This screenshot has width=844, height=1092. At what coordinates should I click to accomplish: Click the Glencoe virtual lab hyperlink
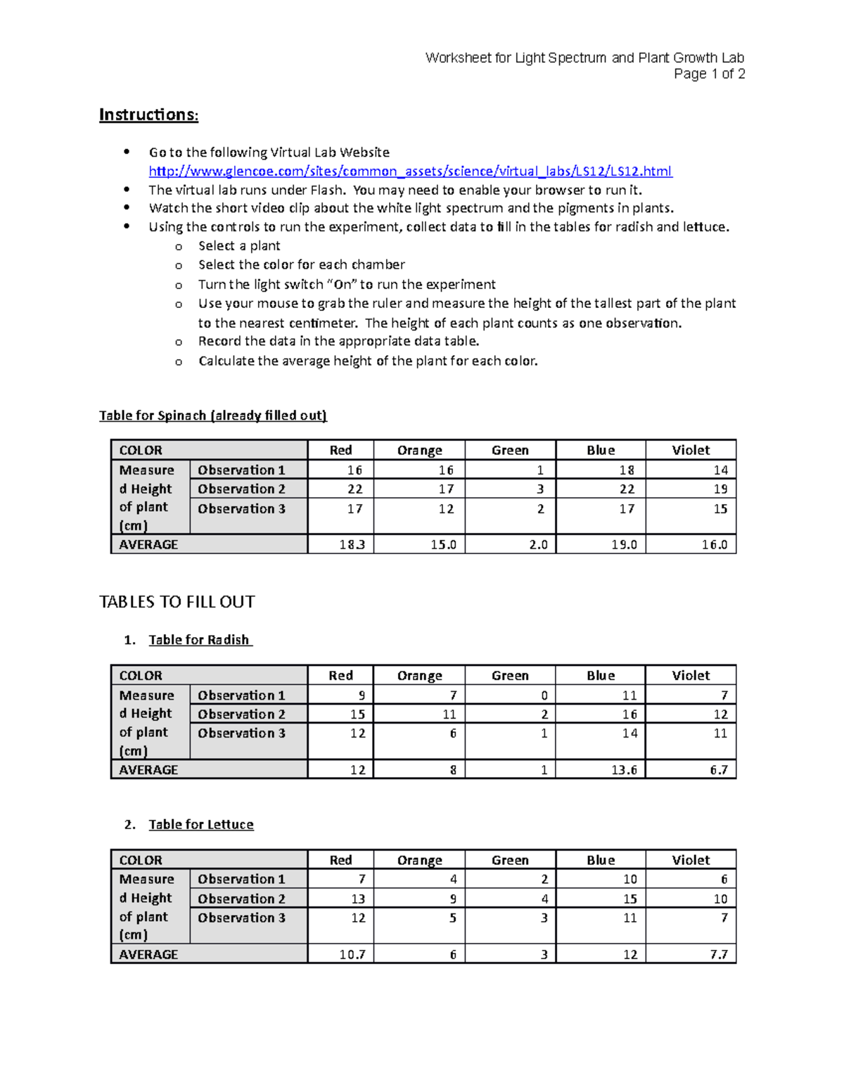click(410, 171)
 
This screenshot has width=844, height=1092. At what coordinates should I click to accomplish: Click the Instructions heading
click(148, 115)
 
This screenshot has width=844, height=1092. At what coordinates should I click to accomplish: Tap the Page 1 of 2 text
click(709, 74)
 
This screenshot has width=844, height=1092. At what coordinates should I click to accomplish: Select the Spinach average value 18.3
click(352, 544)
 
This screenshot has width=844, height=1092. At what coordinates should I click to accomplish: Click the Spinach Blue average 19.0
click(624, 544)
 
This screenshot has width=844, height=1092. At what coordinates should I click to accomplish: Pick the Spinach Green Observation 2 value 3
click(540, 489)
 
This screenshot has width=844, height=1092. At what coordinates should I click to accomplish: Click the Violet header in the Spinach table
click(691, 450)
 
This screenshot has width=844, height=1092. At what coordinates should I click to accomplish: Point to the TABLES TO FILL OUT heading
click(177, 602)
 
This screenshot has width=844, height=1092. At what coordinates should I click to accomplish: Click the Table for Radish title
click(199, 640)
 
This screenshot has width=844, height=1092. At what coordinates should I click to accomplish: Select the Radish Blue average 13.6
click(624, 770)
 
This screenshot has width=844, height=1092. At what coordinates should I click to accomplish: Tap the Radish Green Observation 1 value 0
click(544, 695)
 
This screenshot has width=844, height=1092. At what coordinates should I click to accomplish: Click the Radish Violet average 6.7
click(718, 770)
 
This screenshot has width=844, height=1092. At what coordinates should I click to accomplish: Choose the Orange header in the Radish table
click(419, 676)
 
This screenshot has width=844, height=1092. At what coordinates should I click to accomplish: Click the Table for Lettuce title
click(201, 824)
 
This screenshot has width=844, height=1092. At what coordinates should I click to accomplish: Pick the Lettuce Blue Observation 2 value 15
click(629, 899)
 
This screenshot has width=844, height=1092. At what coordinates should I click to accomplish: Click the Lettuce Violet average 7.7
click(718, 954)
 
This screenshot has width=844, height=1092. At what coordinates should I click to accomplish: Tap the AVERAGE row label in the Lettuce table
click(148, 954)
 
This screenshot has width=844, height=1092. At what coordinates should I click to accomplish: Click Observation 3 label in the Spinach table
click(241, 508)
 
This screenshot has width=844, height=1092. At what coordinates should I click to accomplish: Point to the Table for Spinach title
click(212, 416)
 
